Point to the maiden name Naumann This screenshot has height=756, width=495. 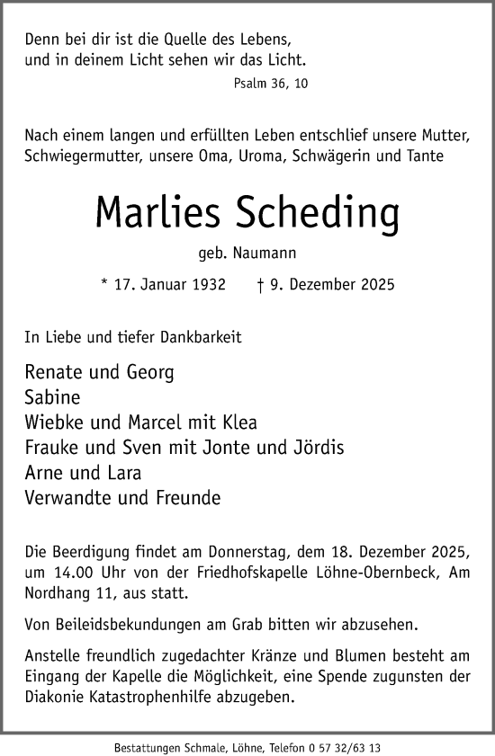click(x=267, y=253)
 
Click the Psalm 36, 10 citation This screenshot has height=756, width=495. click(x=269, y=83)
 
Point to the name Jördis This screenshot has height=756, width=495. click(x=318, y=447)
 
